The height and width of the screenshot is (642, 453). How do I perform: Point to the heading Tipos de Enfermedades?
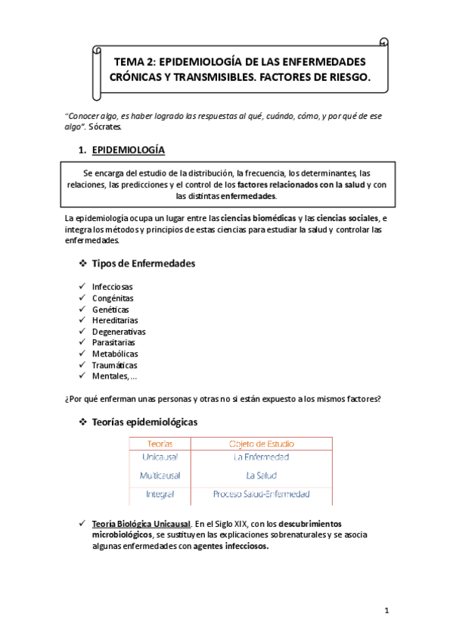tap(143, 263)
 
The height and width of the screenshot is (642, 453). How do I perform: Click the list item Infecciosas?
tap(112, 288)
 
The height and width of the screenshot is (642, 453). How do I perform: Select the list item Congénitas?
tap(112, 299)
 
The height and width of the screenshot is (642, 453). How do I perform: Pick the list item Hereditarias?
tap(115, 321)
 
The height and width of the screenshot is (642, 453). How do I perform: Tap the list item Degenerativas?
tap(119, 332)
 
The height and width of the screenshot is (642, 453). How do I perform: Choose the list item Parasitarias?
tap(115, 343)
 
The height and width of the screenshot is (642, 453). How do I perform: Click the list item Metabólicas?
tap(115, 354)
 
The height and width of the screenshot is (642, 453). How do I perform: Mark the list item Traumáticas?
tap(115, 365)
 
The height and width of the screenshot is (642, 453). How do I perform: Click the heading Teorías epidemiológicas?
tap(144, 422)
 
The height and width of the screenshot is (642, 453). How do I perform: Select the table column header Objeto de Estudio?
tap(262, 443)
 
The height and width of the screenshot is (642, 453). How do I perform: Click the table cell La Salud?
tap(262, 475)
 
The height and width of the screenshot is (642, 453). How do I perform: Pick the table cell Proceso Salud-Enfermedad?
tap(262, 494)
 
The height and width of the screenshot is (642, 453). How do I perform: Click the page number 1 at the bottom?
tap(386, 611)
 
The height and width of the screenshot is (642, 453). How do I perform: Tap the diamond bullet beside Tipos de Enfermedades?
tap(83, 263)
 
